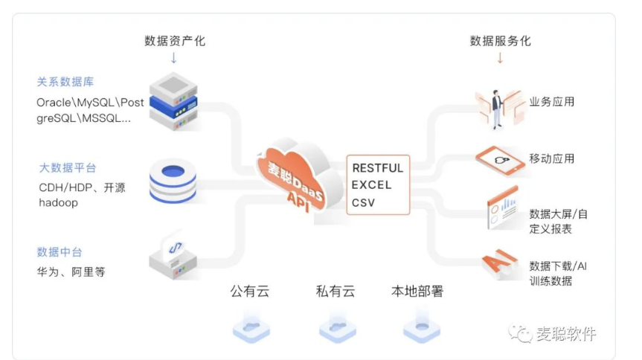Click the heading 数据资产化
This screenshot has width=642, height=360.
click(x=174, y=41)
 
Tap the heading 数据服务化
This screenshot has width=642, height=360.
click(x=500, y=41)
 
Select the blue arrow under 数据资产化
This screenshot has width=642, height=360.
click(x=174, y=58)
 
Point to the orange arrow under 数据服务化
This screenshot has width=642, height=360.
click(x=500, y=58)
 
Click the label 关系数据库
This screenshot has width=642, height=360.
click(x=65, y=82)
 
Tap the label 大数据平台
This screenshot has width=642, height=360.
click(x=67, y=168)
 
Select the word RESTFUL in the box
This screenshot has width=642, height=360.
click(x=377, y=168)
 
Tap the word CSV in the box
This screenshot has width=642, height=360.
click(x=364, y=202)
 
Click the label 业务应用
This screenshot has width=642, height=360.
click(x=551, y=102)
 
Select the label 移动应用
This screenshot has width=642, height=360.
click(x=551, y=158)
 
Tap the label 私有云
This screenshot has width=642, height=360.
click(x=335, y=292)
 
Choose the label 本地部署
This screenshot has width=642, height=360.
click(x=417, y=292)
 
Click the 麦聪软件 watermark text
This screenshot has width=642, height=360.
click(x=566, y=334)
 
